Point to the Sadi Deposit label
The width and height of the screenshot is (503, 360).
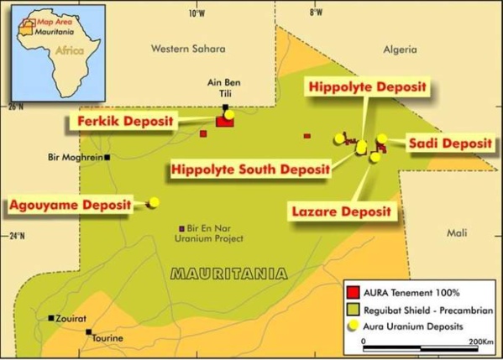(449, 143)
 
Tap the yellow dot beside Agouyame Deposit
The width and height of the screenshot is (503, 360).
(154, 202)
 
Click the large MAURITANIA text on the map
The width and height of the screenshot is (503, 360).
(228, 273)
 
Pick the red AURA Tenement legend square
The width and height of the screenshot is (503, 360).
(354, 293)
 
